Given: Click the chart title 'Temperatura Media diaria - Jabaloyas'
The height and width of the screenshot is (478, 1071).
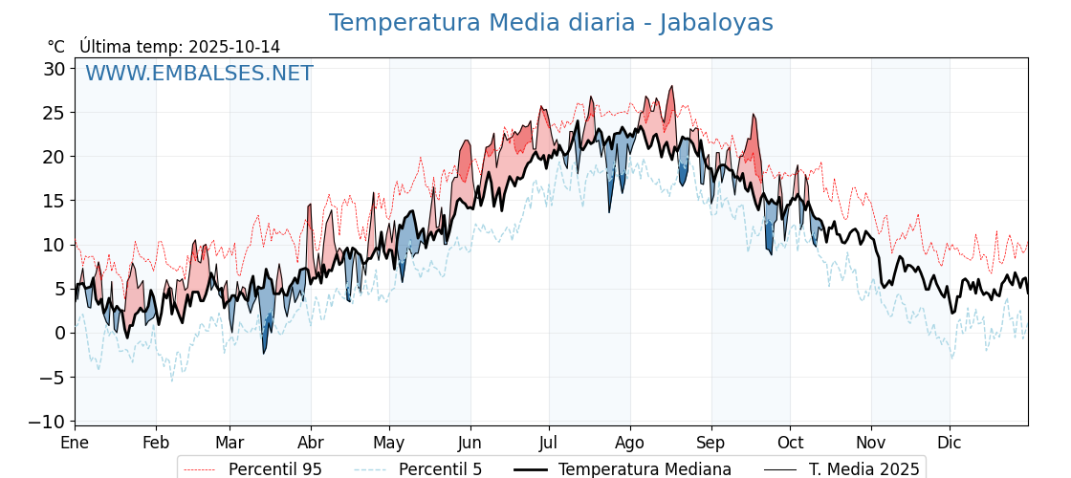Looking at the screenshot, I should pos(551,23).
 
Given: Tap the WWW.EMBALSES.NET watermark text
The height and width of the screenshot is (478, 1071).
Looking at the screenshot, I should pos(199,74).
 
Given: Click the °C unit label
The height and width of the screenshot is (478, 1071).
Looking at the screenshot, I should pos(55,47).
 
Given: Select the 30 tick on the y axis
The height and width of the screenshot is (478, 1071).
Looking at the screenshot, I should pos(54,69).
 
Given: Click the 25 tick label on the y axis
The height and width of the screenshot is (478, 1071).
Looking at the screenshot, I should pos(54,113).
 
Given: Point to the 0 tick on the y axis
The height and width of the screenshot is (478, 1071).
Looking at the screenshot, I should pos(59,333).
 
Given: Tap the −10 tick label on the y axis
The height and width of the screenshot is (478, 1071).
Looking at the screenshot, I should pos(47,422).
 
